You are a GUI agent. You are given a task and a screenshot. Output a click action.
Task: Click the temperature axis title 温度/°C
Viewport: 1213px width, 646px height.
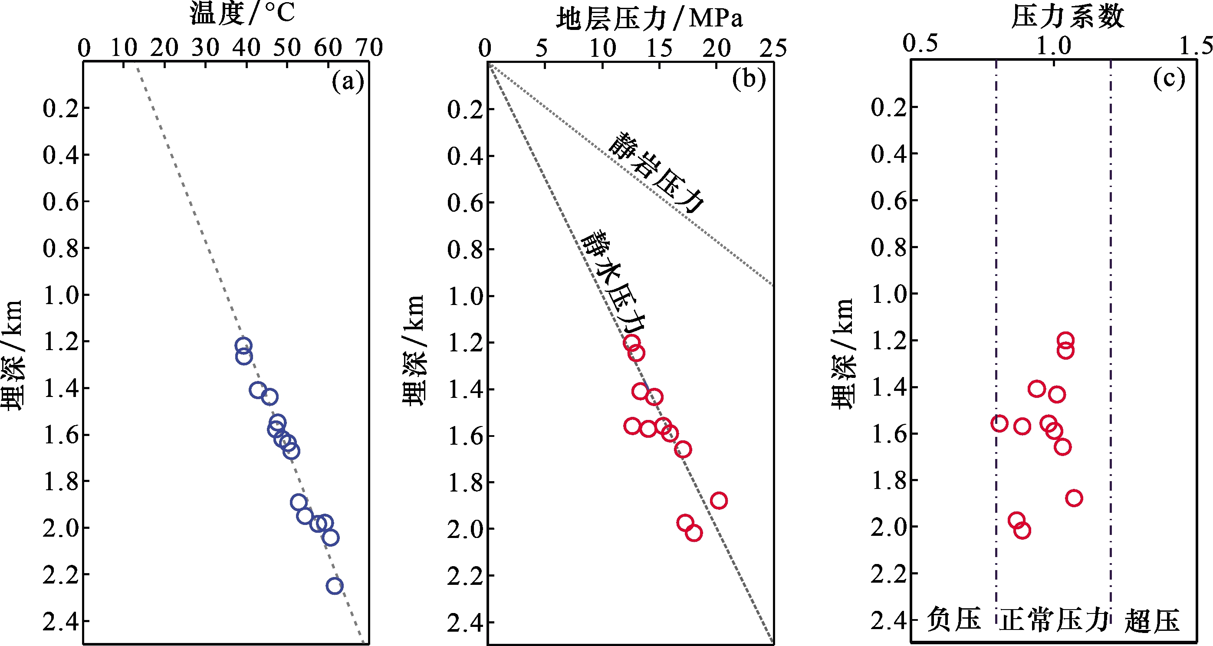point(242,13)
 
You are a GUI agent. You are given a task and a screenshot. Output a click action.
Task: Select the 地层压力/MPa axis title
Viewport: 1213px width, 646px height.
point(649,19)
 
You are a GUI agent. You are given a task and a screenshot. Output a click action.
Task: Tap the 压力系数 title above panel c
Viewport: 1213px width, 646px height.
point(1068,17)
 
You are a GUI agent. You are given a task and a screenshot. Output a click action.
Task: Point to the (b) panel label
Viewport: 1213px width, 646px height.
point(749,79)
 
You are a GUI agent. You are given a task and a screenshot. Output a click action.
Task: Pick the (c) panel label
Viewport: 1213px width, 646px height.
point(1169,78)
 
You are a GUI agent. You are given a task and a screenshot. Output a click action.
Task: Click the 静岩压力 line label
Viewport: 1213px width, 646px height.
point(656,172)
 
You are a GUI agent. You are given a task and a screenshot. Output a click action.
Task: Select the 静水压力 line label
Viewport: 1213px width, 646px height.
point(613,282)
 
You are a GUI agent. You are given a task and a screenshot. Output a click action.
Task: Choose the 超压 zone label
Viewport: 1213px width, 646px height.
point(1152,620)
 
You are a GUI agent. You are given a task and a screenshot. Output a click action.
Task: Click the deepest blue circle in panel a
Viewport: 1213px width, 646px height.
point(334,586)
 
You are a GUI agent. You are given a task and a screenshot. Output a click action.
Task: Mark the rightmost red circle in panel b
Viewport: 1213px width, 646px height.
point(719,500)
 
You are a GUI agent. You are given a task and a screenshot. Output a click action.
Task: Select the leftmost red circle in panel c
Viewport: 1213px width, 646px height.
point(999,423)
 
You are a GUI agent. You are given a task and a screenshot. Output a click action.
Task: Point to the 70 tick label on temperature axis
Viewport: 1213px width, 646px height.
point(369,48)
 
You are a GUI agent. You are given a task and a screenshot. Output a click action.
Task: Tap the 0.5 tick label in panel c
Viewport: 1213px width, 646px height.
point(920,43)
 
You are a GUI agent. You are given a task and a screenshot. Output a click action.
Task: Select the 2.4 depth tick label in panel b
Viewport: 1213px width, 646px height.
point(465,623)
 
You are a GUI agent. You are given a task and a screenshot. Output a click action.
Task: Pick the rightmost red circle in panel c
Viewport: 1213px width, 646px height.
point(1074,498)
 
